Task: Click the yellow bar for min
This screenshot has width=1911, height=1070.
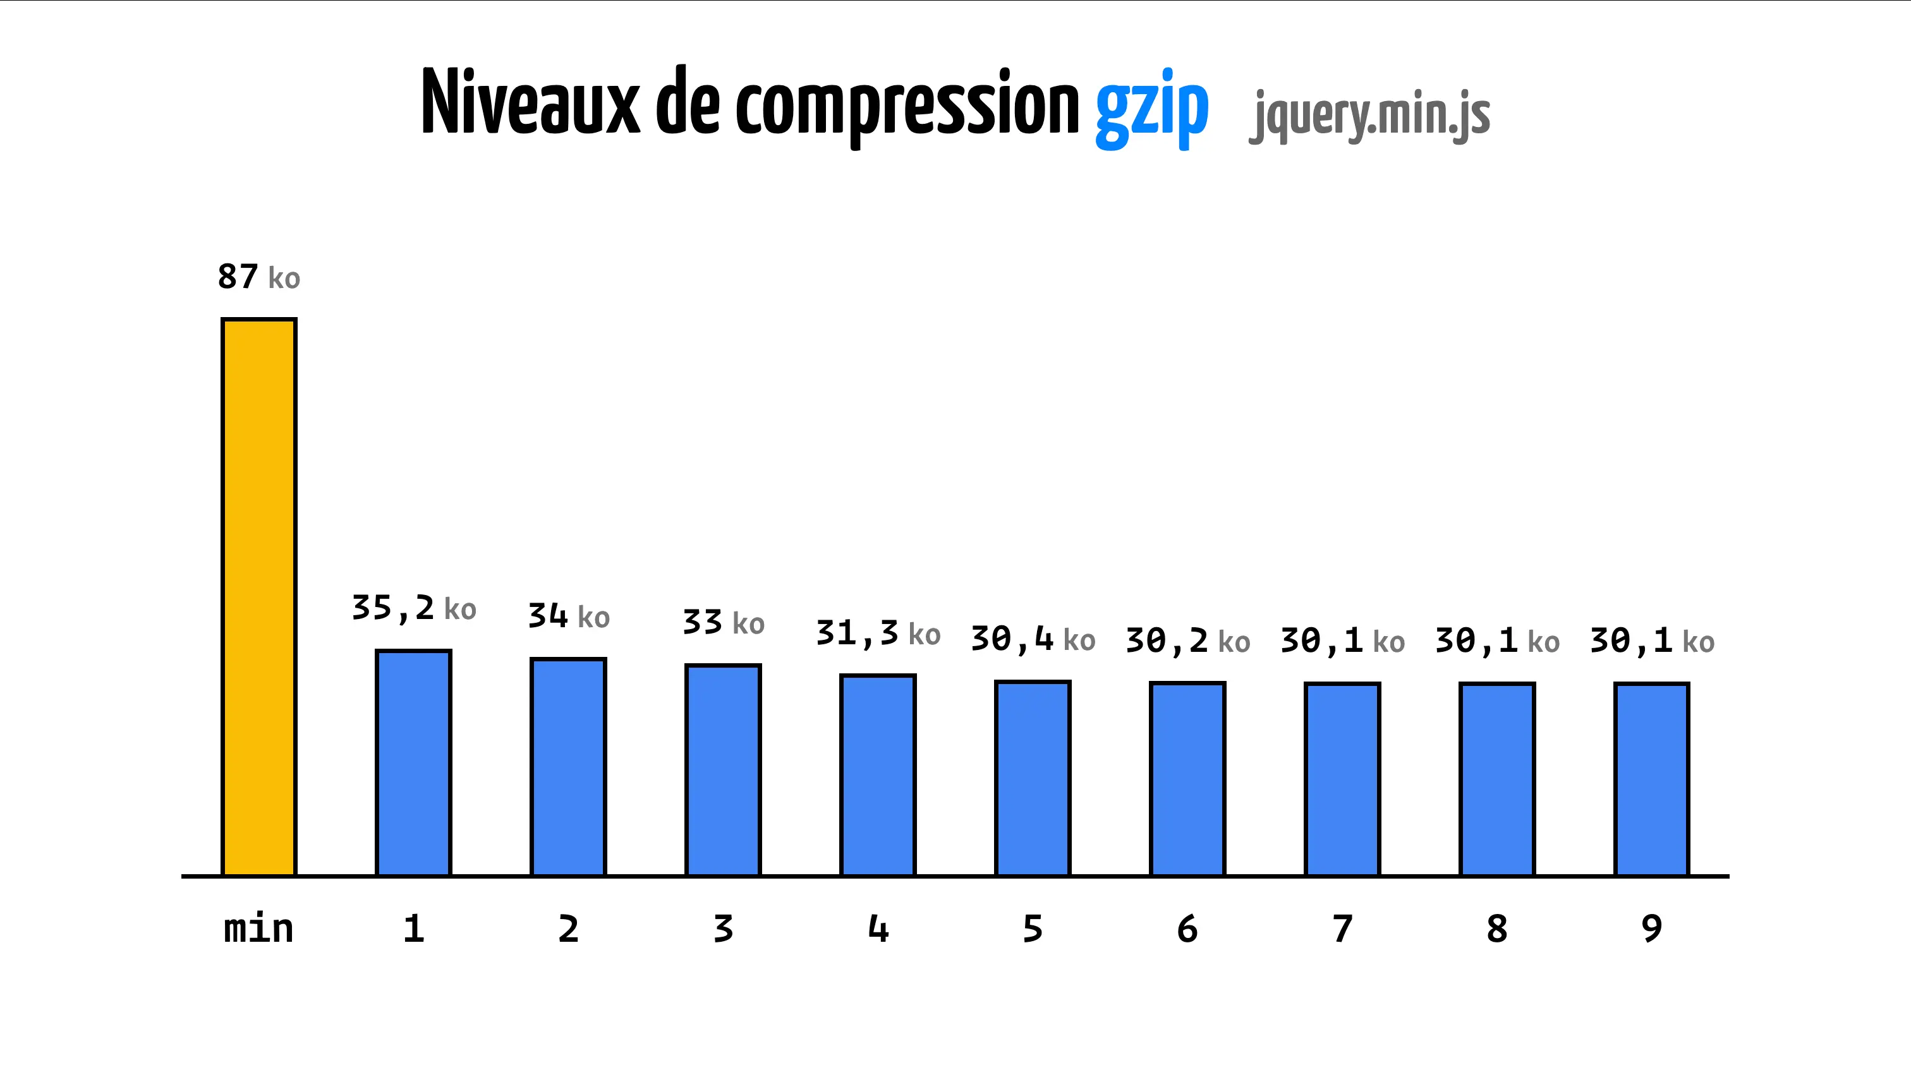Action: pyautogui.click(x=259, y=597)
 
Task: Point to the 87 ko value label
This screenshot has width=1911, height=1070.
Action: pyautogui.click(x=259, y=277)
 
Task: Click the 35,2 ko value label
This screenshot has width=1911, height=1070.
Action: pyautogui.click(x=413, y=609)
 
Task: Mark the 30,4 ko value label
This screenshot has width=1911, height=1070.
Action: pyautogui.click(x=1033, y=639)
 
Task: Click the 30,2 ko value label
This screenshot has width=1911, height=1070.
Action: pyautogui.click(x=1187, y=640)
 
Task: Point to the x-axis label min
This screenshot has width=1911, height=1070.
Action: pyautogui.click(x=259, y=929)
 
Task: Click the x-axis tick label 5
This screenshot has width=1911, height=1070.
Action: pyautogui.click(x=1033, y=929)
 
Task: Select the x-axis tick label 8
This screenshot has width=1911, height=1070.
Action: pyautogui.click(x=1497, y=929)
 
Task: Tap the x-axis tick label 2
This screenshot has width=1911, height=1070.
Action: pyautogui.click(x=568, y=929)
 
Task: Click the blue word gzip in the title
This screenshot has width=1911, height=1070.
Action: pyautogui.click(x=1151, y=107)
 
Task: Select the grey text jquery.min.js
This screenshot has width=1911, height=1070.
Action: pyautogui.click(x=1369, y=115)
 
